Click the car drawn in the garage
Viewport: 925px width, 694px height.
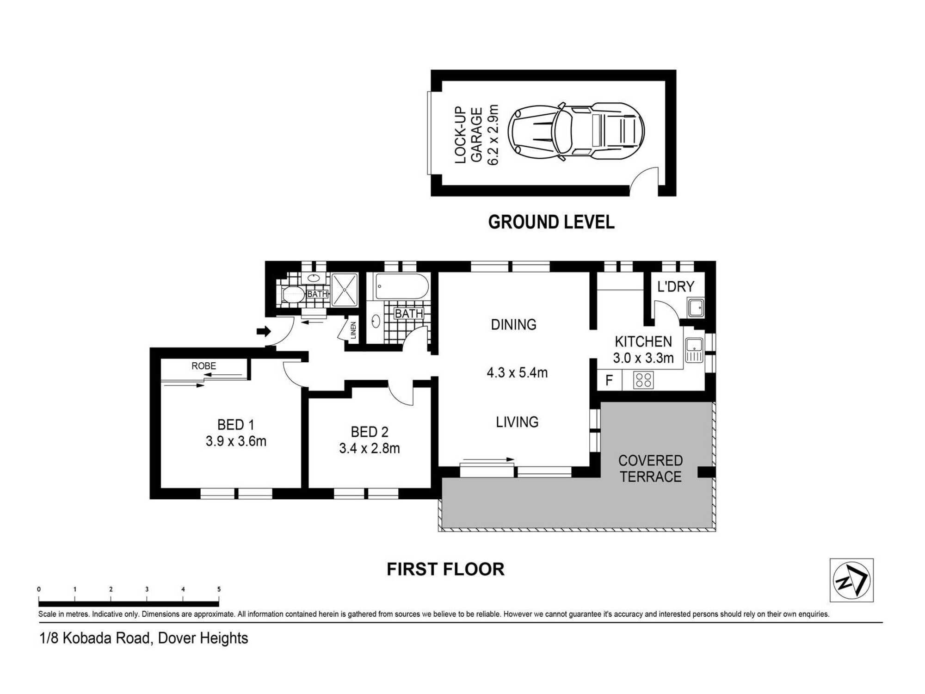576,131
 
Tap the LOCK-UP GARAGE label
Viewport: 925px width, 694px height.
469,135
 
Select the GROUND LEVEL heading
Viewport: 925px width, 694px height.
551,222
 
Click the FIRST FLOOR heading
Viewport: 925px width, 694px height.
445,569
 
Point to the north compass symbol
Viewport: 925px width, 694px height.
851,580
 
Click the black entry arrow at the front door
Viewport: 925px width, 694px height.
264,331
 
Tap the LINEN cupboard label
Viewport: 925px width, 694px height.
353,330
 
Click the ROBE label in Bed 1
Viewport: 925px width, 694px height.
203,366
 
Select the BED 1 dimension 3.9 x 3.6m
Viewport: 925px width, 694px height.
236,441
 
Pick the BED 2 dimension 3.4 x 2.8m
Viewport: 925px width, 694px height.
370,448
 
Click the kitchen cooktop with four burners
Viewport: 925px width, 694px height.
643,380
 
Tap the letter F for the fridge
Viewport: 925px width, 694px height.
609,380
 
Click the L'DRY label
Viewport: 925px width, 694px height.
676,287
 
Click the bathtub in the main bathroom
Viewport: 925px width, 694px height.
402,286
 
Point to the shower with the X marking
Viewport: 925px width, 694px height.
345,290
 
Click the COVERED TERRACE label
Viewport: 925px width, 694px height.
650,468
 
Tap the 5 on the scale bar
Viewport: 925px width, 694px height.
219,589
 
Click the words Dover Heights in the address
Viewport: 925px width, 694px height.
203,638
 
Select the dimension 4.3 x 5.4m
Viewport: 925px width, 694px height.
517,372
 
